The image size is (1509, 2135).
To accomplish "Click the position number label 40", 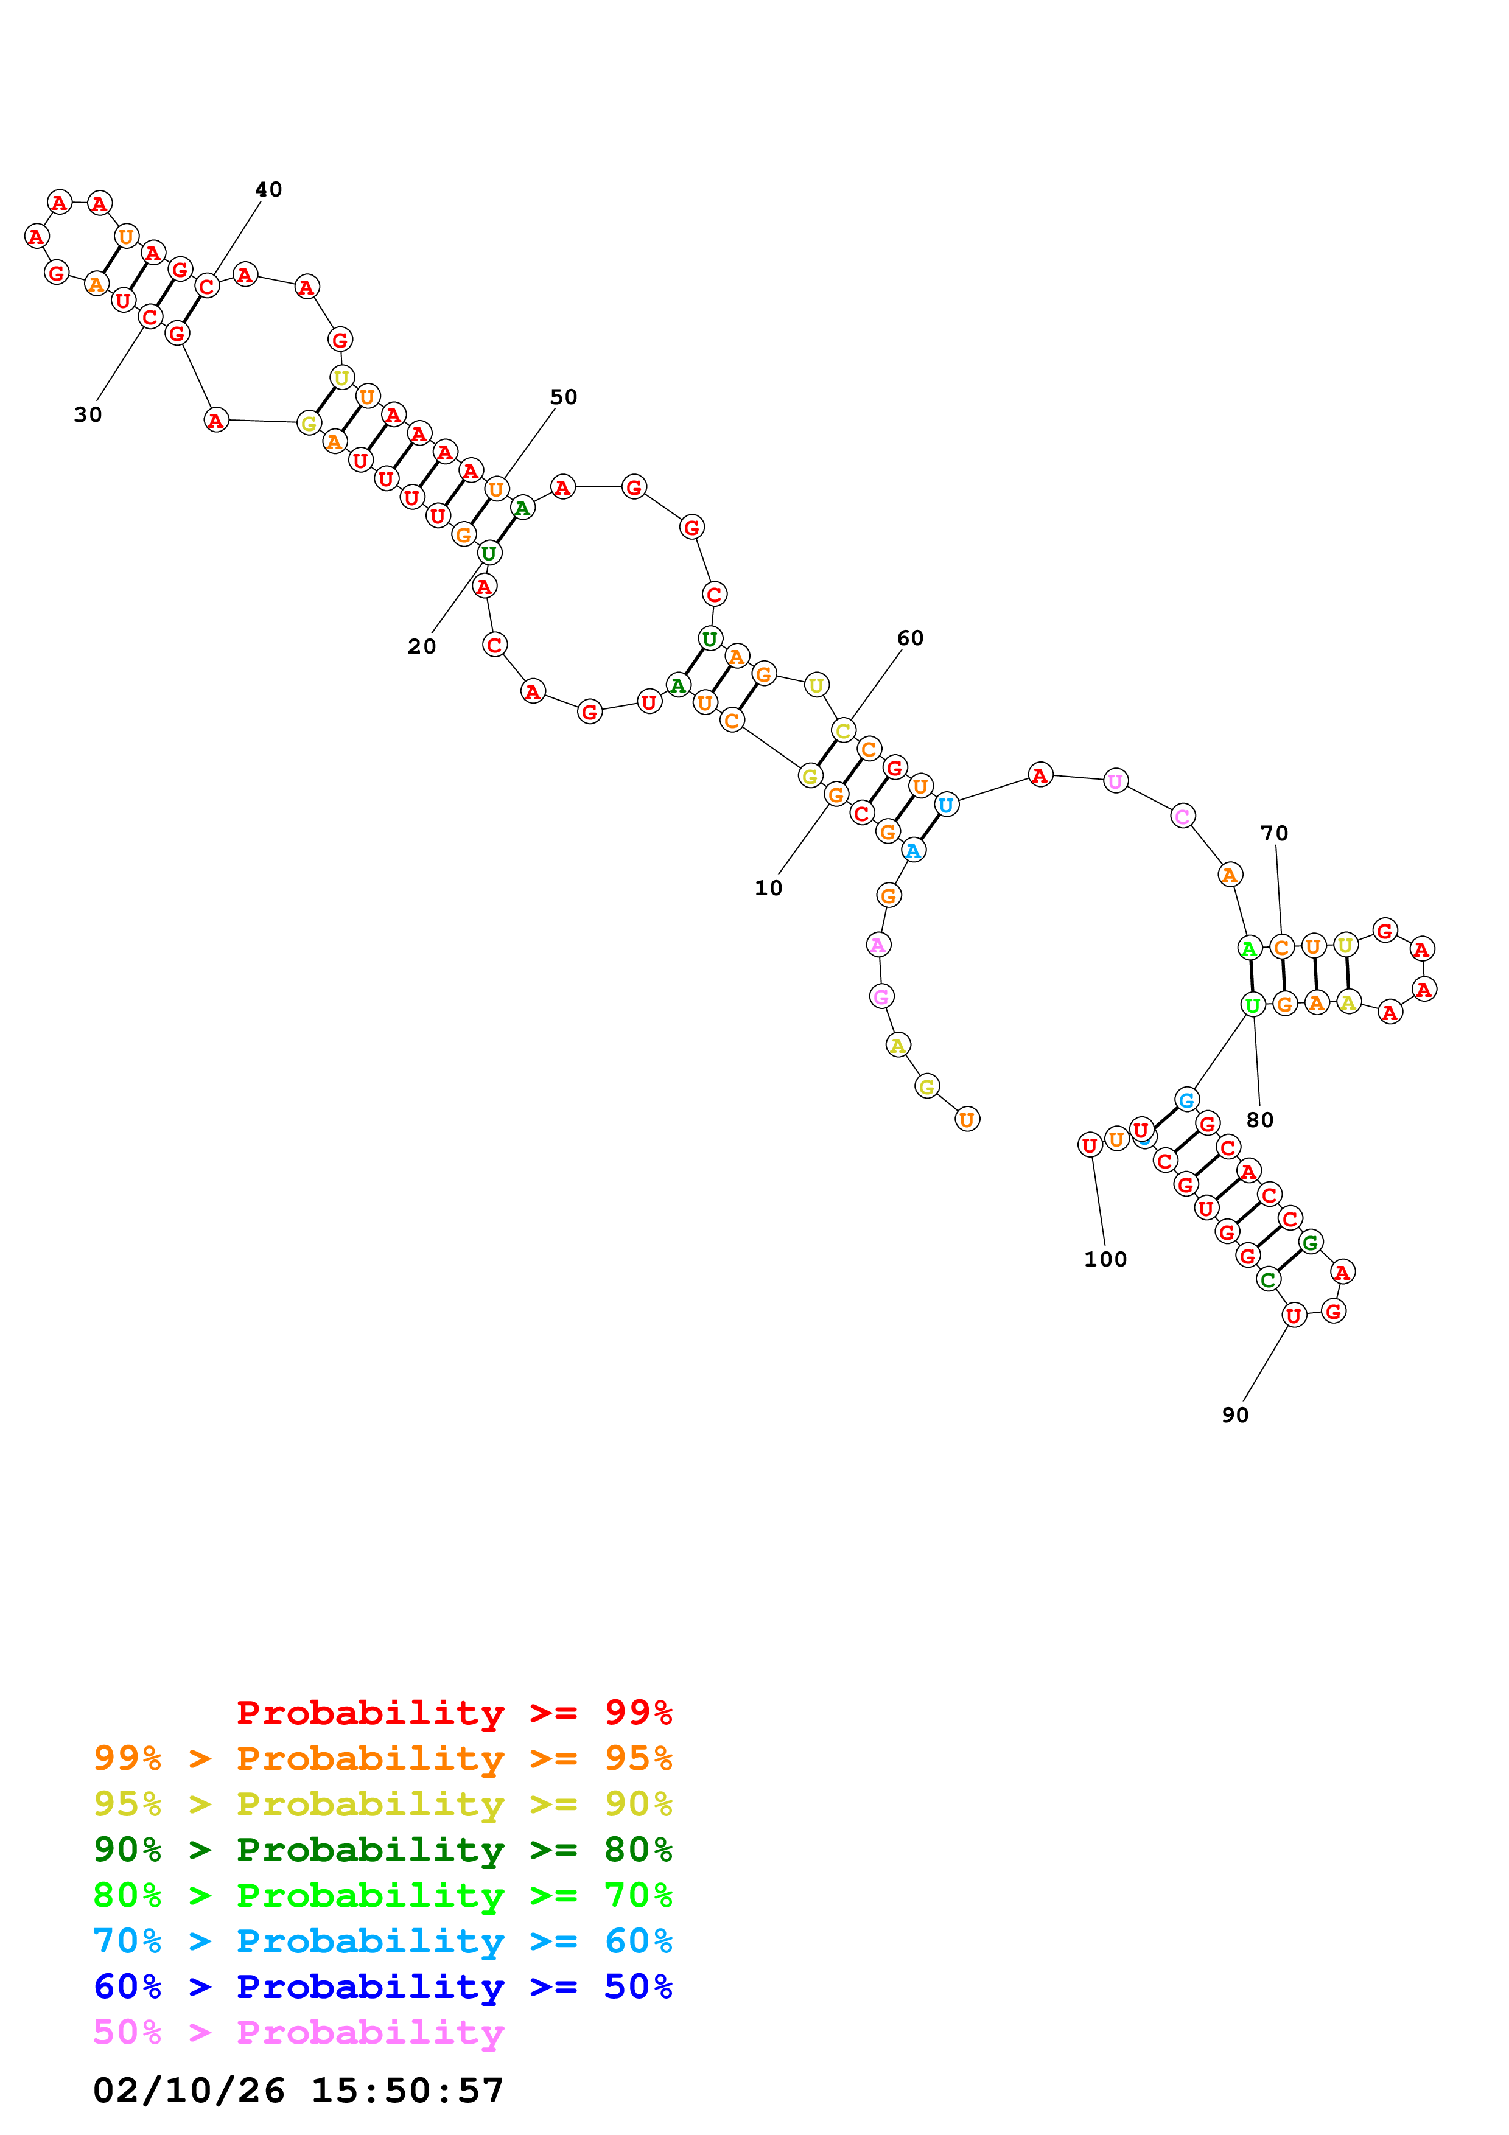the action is point(268,190).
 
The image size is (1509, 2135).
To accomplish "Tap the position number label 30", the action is point(88,414).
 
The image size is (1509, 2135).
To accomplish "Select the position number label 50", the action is point(564,397).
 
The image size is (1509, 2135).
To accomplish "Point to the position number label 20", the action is point(421,646).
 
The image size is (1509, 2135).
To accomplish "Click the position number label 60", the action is point(910,638).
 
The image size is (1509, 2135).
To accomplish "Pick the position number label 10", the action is point(768,888).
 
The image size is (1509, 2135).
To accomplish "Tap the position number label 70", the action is point(1274,833).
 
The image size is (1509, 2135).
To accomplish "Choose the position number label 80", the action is point(1260,1120).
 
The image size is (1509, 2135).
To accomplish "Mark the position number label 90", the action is point(1234,1414).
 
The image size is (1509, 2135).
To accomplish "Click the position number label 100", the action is point(1105,1259).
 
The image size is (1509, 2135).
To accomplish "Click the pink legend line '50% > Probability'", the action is point(298,2032).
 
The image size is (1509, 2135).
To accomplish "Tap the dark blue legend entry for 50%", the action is point(382,1986).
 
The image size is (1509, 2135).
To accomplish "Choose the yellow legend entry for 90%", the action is point(382,1804).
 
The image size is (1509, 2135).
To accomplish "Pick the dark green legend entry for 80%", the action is point(382,1850).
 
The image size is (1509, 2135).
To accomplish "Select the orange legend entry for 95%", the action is point(382,1758).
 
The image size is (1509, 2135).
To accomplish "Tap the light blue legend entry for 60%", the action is point(382,1941).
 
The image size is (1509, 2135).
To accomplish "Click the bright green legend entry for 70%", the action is point(382,1895).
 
